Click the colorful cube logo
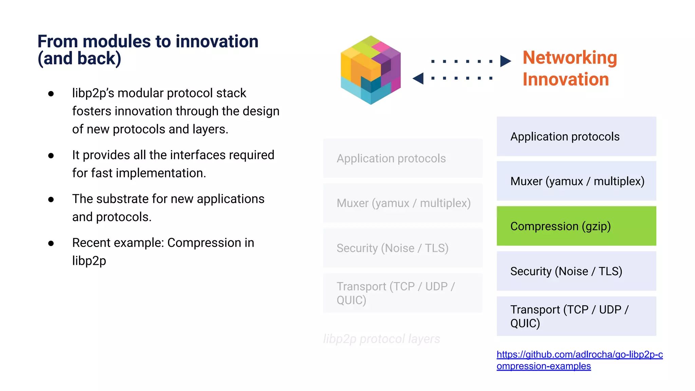371,70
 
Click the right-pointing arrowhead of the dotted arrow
505,61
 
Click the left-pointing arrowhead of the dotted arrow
418,78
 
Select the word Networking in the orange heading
569,57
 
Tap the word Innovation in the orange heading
565,79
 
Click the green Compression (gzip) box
576,226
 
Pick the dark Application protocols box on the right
576,136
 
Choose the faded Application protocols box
402,159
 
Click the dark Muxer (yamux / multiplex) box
576,181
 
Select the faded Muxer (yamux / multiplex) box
402,203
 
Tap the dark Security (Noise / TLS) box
576,271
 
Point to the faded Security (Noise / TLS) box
402,248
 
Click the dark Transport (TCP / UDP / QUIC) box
576,316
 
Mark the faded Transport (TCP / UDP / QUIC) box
402,293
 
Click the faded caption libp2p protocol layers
381,339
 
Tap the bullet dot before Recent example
51,243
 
